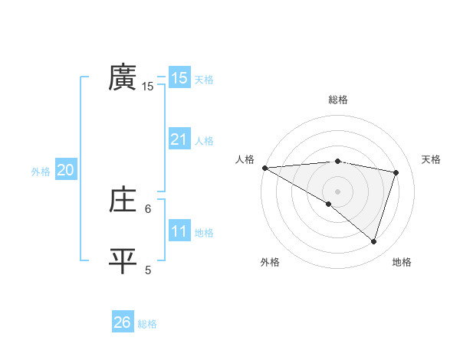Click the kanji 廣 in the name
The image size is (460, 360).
123,77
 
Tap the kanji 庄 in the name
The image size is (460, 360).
123,200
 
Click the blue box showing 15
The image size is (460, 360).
179,77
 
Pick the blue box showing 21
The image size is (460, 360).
179,139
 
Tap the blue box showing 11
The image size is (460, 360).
179,231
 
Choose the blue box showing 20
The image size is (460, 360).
65,171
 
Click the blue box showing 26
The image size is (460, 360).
122,322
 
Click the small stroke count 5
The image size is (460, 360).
148,270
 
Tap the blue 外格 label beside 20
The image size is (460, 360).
41,172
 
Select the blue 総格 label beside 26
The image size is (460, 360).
147,324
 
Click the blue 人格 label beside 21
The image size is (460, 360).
204,141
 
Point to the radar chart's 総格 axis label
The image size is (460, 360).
337,100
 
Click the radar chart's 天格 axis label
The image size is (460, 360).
432,159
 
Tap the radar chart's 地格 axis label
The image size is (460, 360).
402,262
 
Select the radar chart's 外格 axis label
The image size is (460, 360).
270,262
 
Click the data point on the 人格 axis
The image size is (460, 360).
264,168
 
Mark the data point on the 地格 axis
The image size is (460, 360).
373,241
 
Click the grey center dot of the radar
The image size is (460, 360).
337,190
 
